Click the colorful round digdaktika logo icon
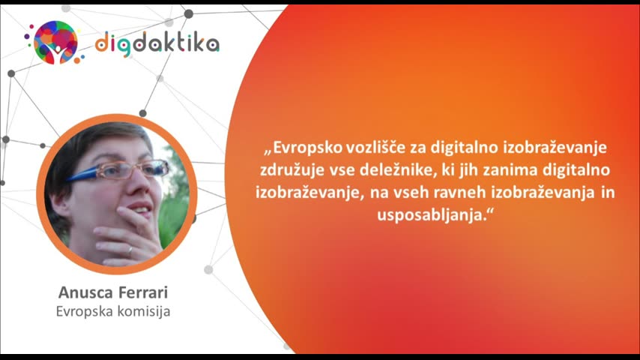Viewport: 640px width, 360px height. tap(55, 43)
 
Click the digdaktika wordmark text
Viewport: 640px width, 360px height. tap(157, 43)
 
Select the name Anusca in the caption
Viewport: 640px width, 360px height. tap(85, 292)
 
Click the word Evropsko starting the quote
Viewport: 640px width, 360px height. tap(304, 148)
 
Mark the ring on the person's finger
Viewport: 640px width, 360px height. tap(130, 250)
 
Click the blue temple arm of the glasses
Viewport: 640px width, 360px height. tap(82, 175)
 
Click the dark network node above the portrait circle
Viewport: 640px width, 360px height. tap(143, 113)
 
